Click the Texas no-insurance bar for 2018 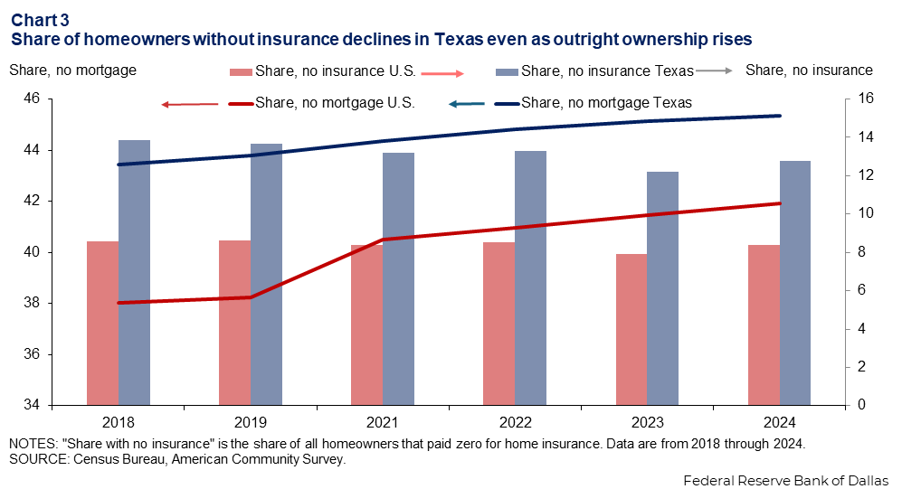[x=134, y=272]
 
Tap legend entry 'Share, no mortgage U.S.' [x=335, y=103]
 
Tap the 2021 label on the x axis [x=382, y=422]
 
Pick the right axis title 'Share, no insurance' [x=810, y=70]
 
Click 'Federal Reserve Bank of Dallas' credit [x=785, y=479]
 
